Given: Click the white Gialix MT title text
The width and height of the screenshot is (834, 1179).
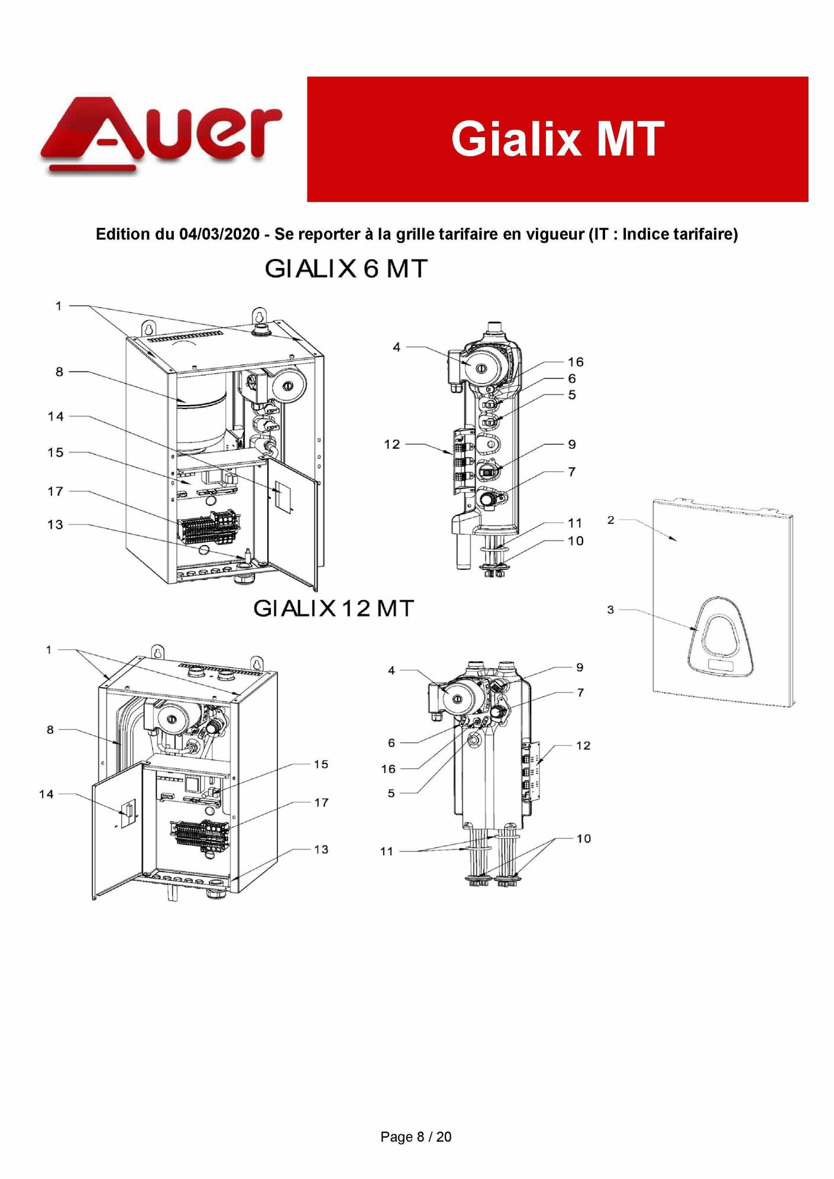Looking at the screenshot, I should click(x=557, y=139).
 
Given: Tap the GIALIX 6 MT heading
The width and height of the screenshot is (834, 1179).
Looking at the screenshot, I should click(x=345, y=269).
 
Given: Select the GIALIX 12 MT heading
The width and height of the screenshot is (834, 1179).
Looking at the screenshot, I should click(x=334, y=608).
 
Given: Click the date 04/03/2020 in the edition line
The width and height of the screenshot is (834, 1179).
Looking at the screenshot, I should click(x=219, y=234).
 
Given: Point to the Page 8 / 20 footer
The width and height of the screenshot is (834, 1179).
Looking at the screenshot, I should click(x=416, y=1136).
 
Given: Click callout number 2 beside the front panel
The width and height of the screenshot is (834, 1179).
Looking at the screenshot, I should click(x=611, y=520).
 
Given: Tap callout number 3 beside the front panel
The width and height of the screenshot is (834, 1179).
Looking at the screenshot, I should click(x=611, y=610).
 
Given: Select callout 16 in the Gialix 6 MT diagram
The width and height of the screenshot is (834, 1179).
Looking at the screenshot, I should click(x=575, y=362).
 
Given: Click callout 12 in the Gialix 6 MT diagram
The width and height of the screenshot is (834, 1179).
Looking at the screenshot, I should click(x=392, y=444).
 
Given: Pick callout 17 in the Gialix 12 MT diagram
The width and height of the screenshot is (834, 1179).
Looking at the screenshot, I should click(x=321, y=802).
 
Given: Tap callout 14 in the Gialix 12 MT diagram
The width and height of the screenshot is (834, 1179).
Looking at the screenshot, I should click(x=46, y=794).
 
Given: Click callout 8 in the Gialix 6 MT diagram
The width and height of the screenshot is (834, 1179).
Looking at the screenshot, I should click(x=59, y=372).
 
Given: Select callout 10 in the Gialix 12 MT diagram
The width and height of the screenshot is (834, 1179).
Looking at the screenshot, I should click(x=583, y=838).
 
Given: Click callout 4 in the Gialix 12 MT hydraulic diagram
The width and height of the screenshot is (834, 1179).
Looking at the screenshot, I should click(x=392, y=671).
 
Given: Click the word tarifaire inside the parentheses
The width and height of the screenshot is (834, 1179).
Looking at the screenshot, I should click(x=700, y=234).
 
